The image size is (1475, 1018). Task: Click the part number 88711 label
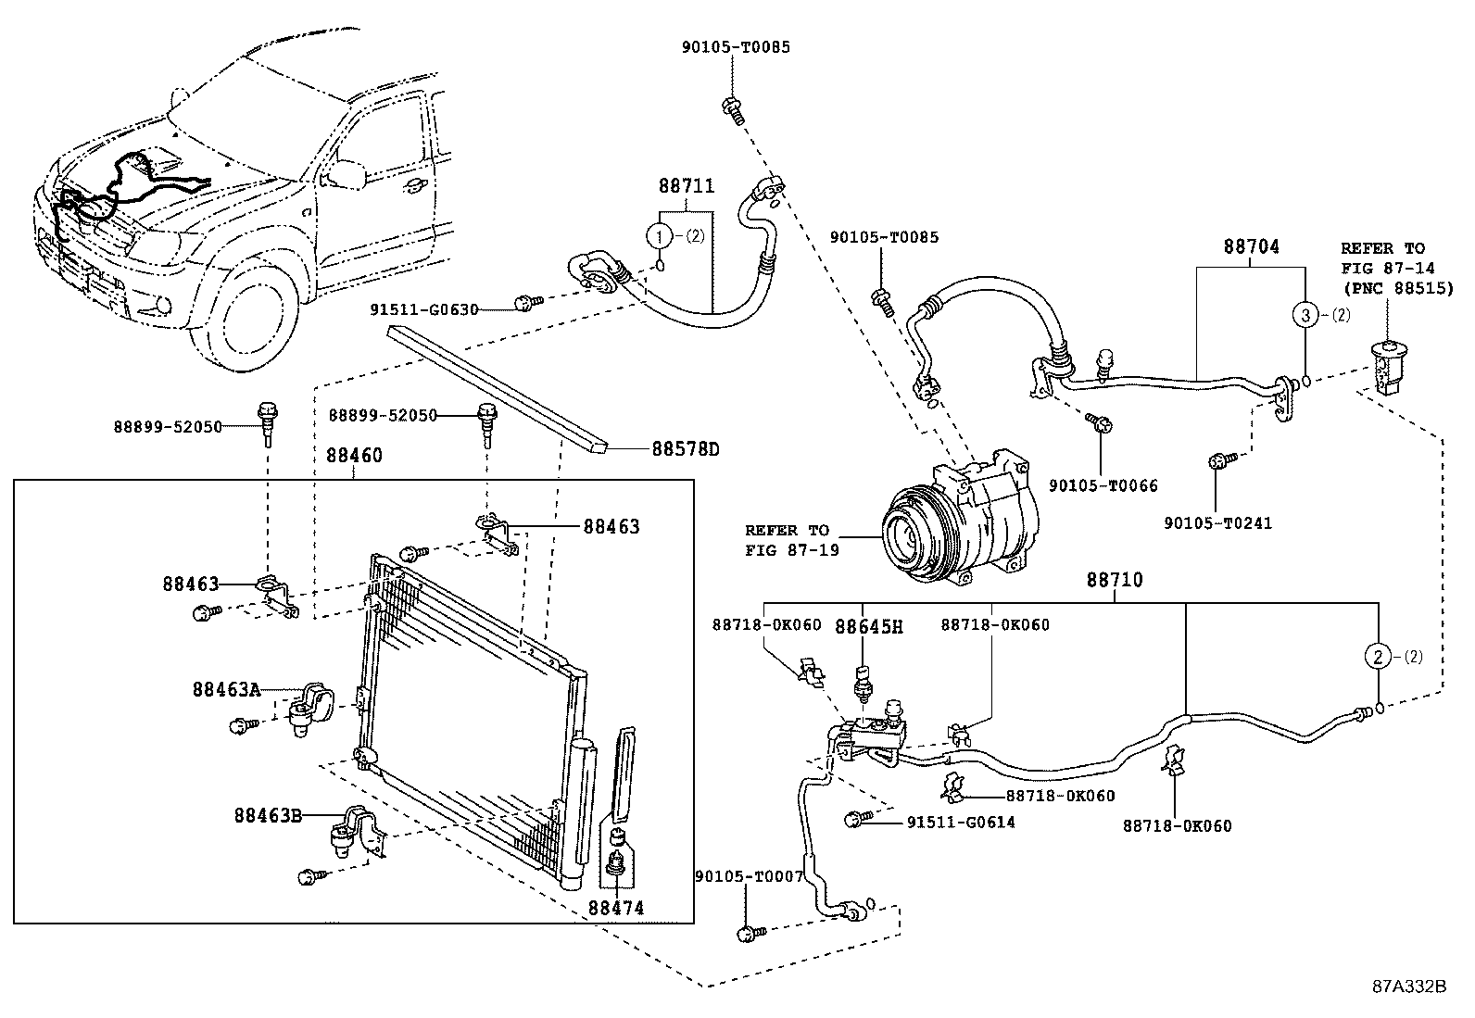pos(687,186)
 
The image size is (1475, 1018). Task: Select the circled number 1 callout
pos(659,235)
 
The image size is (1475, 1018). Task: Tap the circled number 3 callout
pos(1305,316)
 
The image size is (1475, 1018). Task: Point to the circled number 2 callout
pos(1378,657)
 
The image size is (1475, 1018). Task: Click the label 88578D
pos(686,450)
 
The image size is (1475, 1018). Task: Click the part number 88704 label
pos(1251,247)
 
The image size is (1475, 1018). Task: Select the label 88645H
pos(868,627)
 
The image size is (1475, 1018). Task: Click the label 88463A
pos(226,689)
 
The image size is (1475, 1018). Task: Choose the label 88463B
pos(268,816)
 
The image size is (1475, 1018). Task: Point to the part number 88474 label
pos(616,908)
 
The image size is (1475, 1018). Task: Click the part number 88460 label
pos(354,456)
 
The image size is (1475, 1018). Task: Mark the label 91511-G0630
pos(424,309)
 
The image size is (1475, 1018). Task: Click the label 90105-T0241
pos(1217,523)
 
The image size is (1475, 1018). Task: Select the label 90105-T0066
pos(1103,486)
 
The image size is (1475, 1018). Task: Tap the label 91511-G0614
pos(961,823)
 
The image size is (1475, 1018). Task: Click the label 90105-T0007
pos(749,876)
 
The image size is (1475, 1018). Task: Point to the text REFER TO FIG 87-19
pos(792,540)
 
